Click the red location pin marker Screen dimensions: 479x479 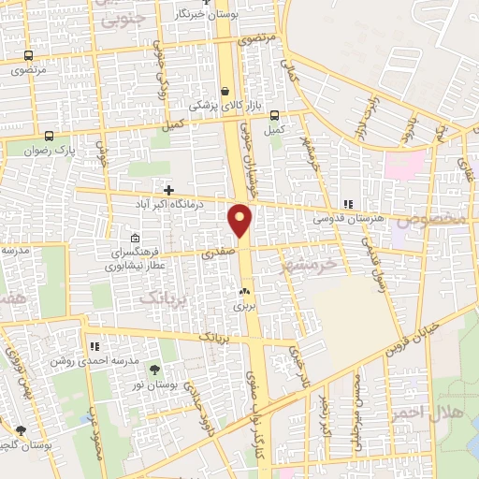240,221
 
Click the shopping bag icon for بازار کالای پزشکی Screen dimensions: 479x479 225,92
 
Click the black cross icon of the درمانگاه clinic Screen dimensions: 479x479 168,190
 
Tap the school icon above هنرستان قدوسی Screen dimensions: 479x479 349,203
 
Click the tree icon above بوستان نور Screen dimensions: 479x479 154,370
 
